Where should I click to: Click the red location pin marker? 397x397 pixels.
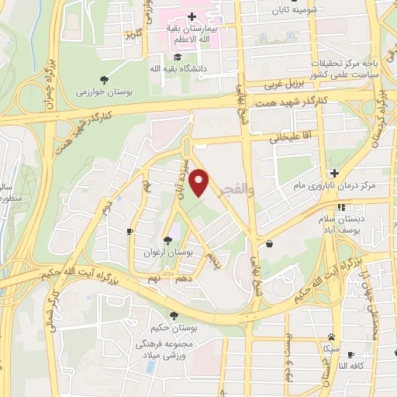click(x=201, y=184)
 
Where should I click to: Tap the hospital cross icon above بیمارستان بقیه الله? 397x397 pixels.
click(x=192, y=16)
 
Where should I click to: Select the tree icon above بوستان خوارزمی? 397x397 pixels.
click(x=104, y=79)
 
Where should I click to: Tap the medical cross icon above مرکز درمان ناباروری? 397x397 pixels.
click(x=334, y=173)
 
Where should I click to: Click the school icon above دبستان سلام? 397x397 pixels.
click(x=342, y=207)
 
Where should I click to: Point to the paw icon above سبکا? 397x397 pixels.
click(x=332, y=337)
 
